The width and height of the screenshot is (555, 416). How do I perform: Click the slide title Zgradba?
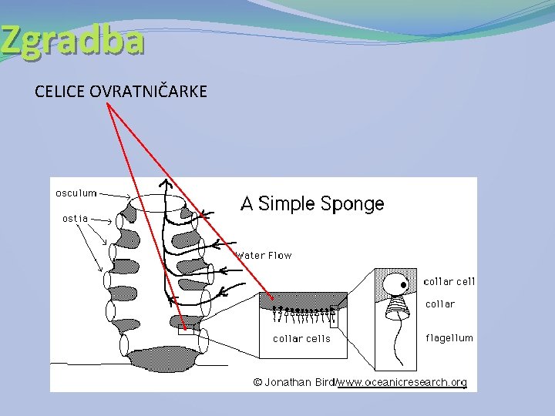pos(72,40)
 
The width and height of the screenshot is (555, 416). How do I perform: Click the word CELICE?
pos(60,92)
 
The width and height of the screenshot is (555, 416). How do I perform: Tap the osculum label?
pos(76,193)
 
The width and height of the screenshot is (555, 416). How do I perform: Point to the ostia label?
pos(76,218)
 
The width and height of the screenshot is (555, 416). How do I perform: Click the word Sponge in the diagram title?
pos(352,204)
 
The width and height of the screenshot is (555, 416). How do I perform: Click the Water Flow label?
pos(264,255)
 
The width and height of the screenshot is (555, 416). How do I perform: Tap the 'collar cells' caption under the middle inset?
pos(301,338)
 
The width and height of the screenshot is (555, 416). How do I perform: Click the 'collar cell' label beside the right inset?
pos(449,282)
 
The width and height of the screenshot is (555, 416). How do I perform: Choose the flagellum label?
pos(449,337)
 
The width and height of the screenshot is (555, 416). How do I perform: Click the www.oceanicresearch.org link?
pos(402,382)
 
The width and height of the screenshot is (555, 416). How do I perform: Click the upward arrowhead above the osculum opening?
pos(164,183)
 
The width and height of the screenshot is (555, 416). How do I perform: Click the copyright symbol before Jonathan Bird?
pos(258,382)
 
